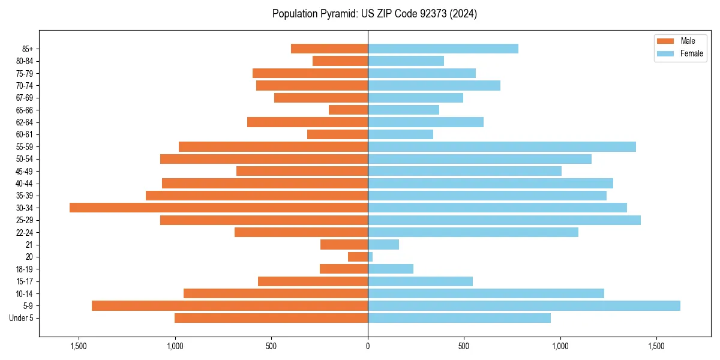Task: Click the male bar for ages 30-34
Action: [x=218, y=208]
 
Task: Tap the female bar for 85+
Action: [x=443, y=49]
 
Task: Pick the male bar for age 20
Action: [x=358, y=257]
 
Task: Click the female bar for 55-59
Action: [x=502, y=146]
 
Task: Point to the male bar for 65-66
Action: [x=348, y=110]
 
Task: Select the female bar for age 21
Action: [x=383, y=244]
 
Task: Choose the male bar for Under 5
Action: [x=271, y=318]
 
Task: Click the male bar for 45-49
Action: [x=302, y=171]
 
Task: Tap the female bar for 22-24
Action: [x=473, y=232]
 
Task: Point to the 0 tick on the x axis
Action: [x=368, y=346]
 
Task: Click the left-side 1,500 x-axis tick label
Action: [x=79, y=346]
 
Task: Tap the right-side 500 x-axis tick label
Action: [x=464, y=346]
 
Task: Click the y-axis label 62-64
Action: [x=25, y=122]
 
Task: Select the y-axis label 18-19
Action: [x=25, y=269]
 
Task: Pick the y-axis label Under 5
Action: [x=22, y=318]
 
